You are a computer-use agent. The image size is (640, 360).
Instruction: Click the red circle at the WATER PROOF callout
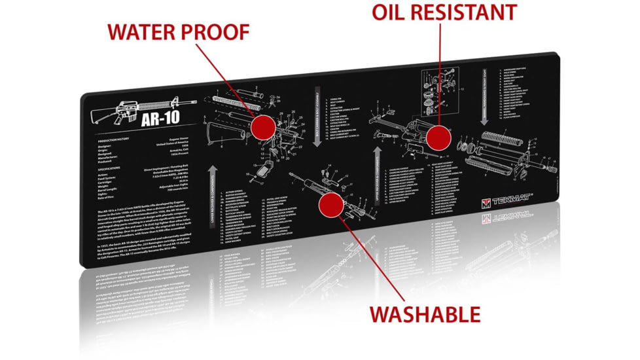pos(263,125)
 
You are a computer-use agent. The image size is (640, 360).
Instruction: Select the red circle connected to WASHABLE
pos(330,205)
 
